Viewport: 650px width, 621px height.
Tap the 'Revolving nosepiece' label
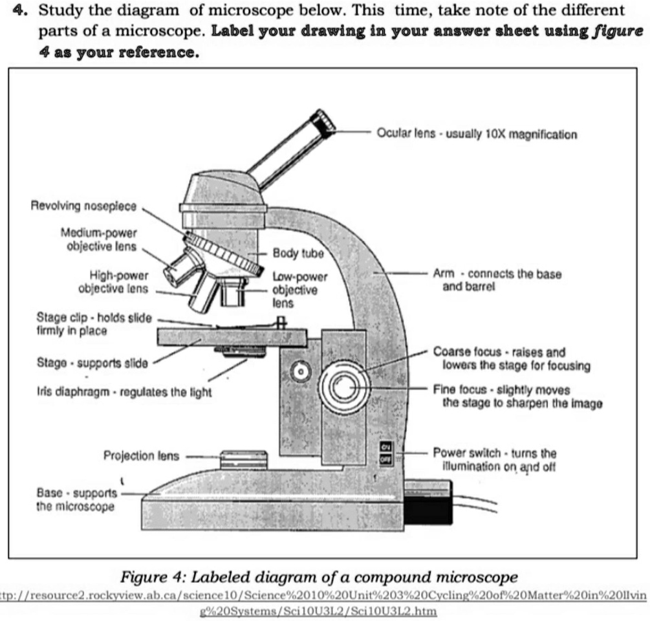point(83,206)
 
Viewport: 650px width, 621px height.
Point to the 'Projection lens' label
point(141,455)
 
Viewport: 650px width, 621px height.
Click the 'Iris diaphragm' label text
point(124,392)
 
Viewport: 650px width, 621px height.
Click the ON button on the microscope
point(386,448)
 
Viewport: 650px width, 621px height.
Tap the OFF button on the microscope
point(386,459)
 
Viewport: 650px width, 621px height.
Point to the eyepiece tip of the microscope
point(324,121)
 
